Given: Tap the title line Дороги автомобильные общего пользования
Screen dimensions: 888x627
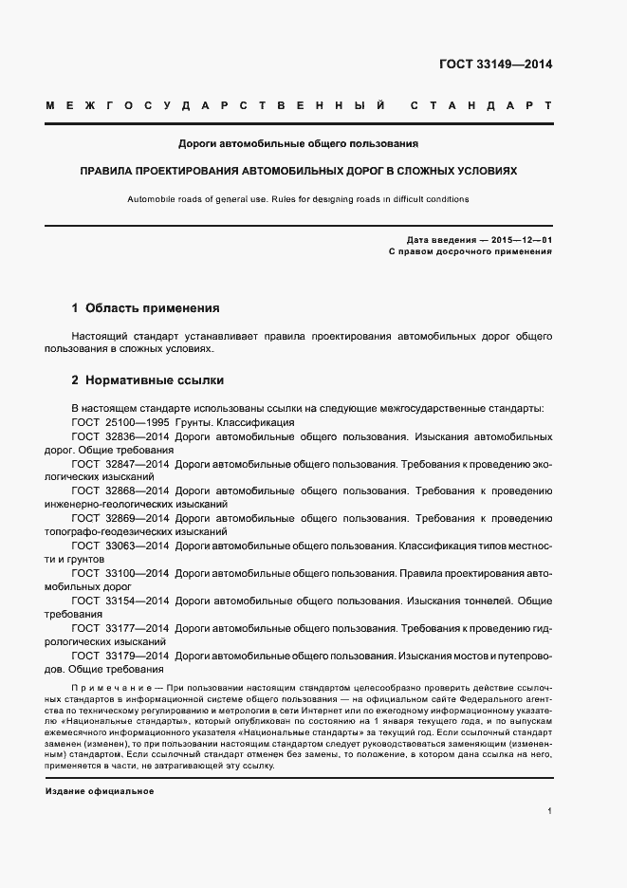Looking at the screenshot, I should tap(299, 144).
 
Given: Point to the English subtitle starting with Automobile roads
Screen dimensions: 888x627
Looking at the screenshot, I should tap(298, 199).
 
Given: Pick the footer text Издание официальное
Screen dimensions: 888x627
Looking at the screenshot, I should tap(99, 791).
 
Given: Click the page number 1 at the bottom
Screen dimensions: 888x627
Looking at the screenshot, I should tap(550, 811).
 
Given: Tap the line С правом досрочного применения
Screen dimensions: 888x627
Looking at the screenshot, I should tap(470, 253).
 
